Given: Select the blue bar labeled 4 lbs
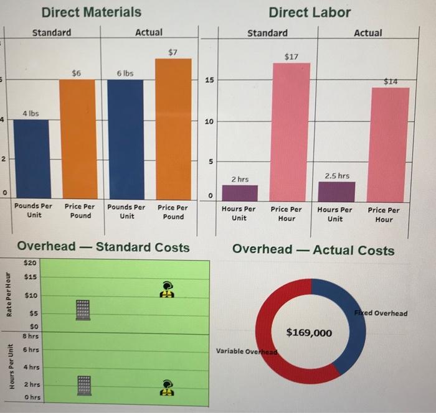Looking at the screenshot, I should pyautogui.click(x=31, y=158).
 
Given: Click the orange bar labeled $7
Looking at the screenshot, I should pyautogui.click(x=173, y=128).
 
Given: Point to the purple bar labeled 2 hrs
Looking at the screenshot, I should pyautogui.click(x=240, y=193).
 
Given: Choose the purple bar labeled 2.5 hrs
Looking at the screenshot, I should pyautogui.click(x=336, y=191).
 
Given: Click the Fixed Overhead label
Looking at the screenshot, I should pyautogui.click(x=382, y=313).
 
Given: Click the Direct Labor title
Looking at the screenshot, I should pyautogui.click(x=310, y=12).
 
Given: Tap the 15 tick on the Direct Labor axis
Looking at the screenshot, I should pyautogui.click(x=211, y=81).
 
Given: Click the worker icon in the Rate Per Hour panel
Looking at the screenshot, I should pyautogui.click(x=167, y=288).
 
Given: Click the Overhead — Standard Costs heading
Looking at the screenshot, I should pyautogui.click(x=103, y=247).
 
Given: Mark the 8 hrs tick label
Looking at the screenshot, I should pyautogui.click(x=29, y=335).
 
